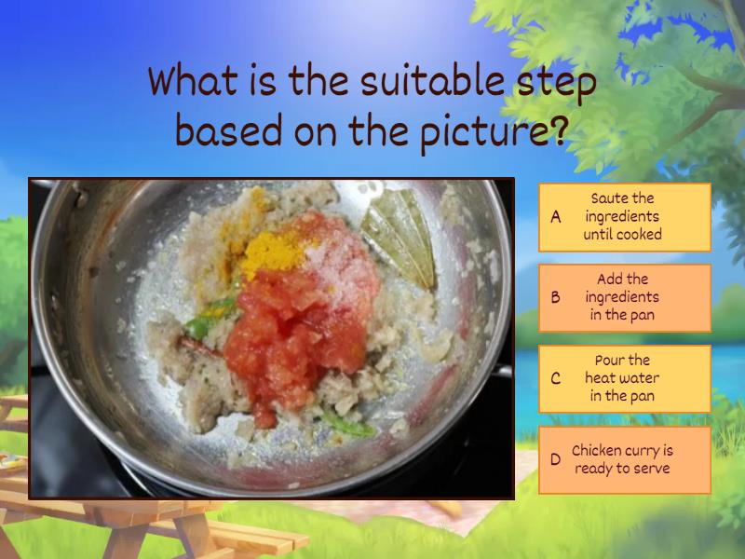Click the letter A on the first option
click(x=556, y=216)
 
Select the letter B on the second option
click(x=556, y=297)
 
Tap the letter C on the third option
click(x=556, y=378)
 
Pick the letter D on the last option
click(x=555, y=459)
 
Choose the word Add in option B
click(x=611, y=279)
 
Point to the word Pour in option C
click(x=610, y=361)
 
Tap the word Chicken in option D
click(x=596, y=450)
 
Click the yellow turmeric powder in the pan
click(x=267, y=250)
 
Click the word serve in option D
click(x=649, y=468)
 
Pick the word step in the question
click(x=556, y=83)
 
